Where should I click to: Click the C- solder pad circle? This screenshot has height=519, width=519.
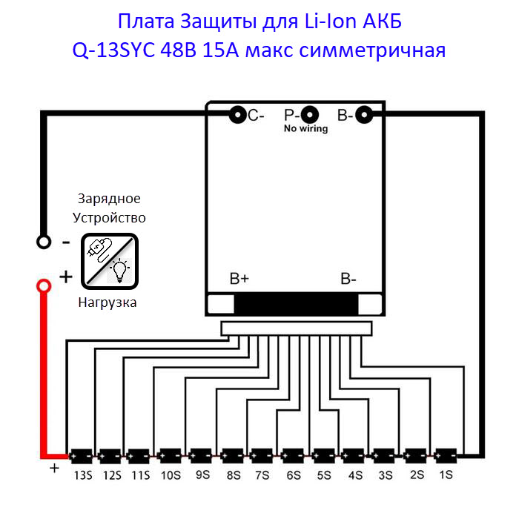point(238,115)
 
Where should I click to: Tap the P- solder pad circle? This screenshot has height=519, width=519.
point(310,115)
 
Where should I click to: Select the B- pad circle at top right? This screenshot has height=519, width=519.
point(364,115)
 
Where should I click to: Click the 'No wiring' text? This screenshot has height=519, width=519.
point(305,128)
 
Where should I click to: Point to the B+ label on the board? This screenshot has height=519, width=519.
point(239,279)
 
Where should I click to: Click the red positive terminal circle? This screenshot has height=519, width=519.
point(44,286)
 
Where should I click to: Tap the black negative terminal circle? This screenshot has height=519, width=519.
point(44,242)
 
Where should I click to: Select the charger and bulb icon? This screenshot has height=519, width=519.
point(110,261)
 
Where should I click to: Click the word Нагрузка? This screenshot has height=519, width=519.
point(108,303)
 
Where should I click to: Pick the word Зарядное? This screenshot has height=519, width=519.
point(109,199)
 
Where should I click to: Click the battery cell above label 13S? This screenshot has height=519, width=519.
point(81,456)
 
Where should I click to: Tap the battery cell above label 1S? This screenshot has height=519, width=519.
point(446,456)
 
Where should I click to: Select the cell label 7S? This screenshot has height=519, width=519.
point(262,475)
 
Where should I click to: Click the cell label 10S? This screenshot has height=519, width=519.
point(171,475)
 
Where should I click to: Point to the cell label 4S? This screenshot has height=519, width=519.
point(355,475)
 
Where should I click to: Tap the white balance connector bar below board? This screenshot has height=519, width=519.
point(297,328)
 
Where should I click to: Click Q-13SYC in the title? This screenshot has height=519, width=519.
point(113,50)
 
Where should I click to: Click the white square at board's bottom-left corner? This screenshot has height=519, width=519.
point(221,304)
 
